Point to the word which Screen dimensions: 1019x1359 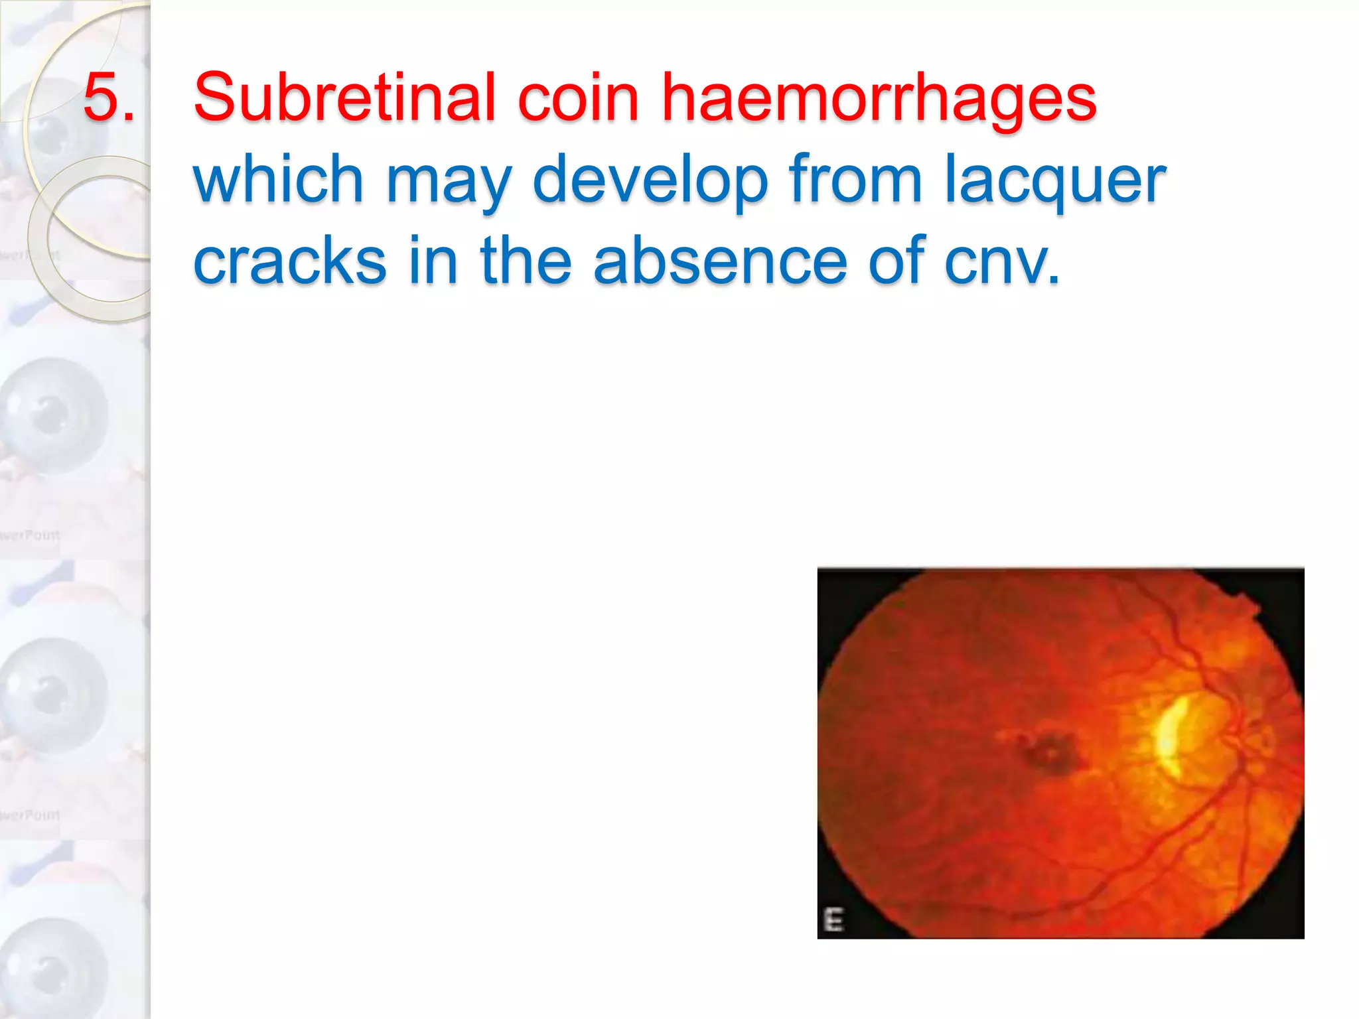[x=278, y=179]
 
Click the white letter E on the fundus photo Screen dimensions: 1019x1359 [x=833, y=920]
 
